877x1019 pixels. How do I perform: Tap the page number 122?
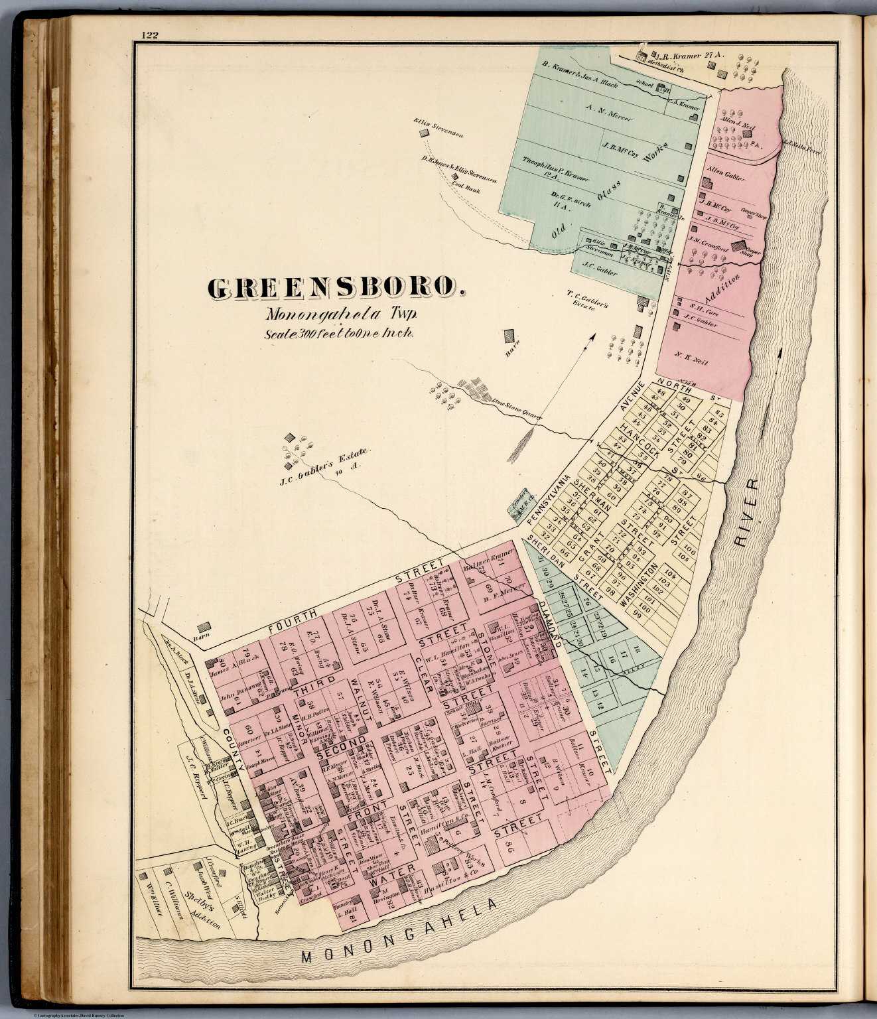coord(149,36)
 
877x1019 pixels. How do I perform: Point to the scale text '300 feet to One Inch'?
coord(339,334)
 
